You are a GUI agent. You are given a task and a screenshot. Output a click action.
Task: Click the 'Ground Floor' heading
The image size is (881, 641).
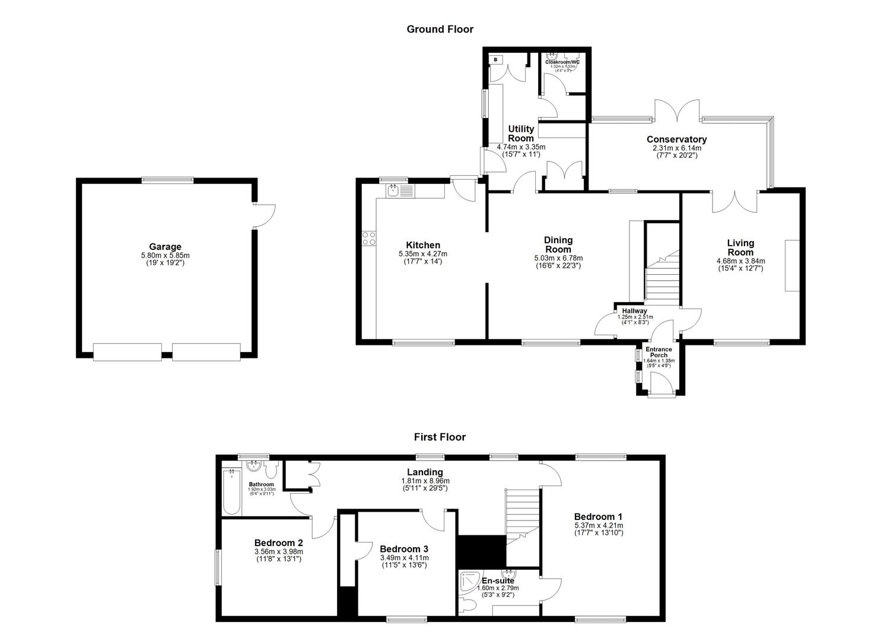tap(440, 28)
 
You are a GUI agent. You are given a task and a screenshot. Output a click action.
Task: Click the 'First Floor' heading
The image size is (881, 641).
tap(440, 437)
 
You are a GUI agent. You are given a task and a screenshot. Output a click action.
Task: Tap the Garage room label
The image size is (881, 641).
tap(165, 247)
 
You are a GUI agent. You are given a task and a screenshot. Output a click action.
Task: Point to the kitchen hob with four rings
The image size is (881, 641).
tap(368, 237)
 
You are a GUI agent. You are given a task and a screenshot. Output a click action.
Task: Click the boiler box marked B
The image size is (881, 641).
tap(496, 60)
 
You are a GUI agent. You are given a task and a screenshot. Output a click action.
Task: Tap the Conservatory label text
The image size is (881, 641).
tap(676, 139)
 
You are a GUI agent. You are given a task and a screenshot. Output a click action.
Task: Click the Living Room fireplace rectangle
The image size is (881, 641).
tap(792, 265)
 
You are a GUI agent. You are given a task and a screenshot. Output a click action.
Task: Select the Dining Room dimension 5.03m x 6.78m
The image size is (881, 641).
tap(558, 258)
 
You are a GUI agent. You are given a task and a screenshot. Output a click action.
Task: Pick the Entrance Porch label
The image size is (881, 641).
tap(659, 352)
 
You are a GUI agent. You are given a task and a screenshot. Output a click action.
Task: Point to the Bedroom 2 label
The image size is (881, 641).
tap(279, 542)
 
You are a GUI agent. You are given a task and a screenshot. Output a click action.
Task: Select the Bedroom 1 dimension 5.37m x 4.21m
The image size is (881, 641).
tap(598, 525)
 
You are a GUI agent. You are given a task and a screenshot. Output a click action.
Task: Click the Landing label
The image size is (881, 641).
tap(425, 472)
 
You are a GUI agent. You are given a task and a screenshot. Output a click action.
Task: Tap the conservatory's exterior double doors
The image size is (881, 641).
tap(678, 110)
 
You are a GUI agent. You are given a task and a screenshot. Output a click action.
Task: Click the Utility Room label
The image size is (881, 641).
tap(520, 134)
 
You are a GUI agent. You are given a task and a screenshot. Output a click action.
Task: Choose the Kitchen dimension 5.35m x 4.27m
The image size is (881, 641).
tap(422, 253)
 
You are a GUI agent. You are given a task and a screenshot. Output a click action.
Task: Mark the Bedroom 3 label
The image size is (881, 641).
tap(404, 549)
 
